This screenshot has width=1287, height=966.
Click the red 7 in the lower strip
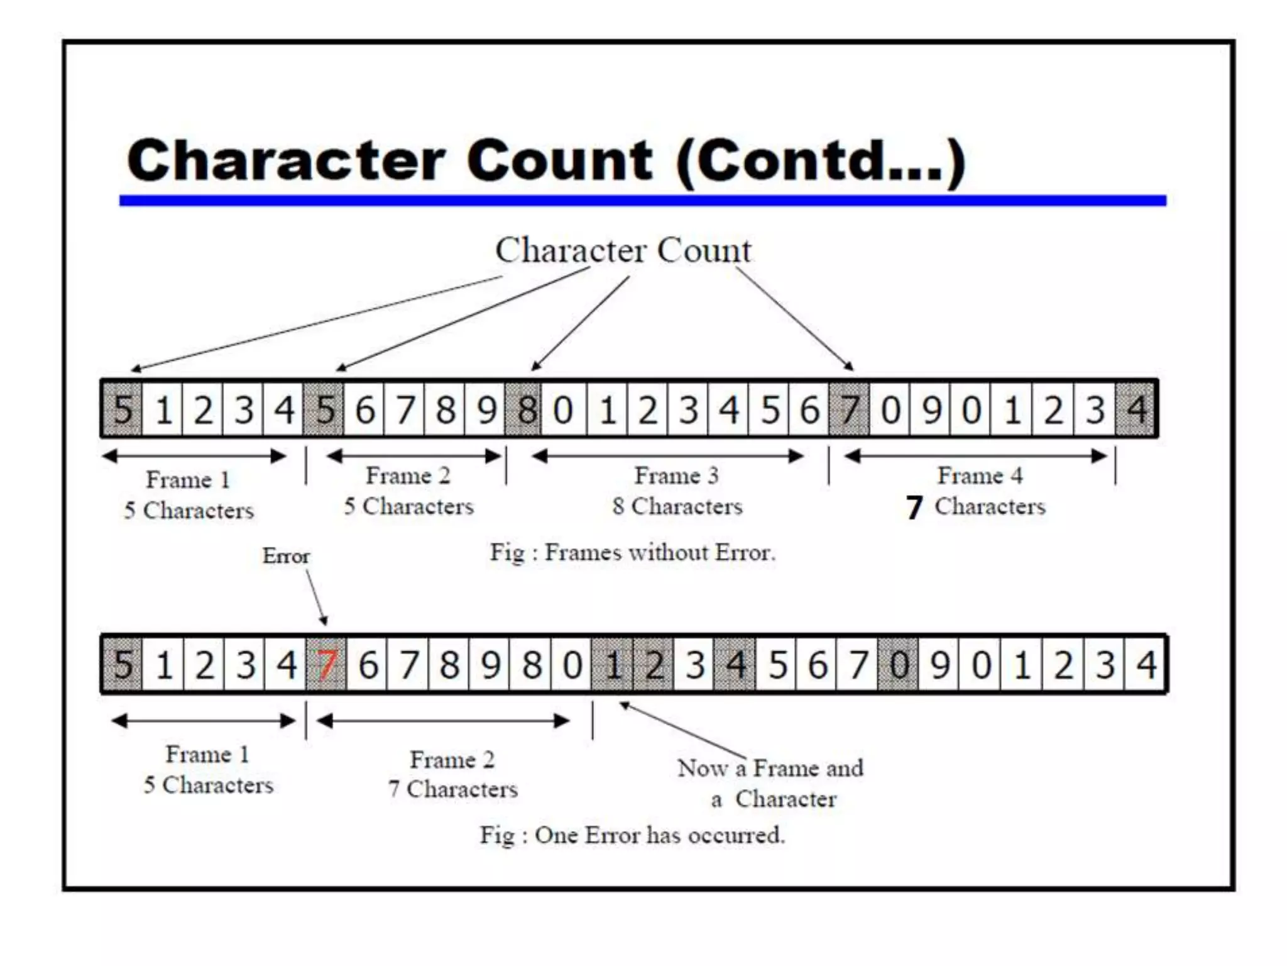(326, 665)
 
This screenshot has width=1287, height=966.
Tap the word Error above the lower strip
(286, 556)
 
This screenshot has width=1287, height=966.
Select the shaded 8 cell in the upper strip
(525, 409)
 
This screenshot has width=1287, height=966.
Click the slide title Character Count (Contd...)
(545, 160)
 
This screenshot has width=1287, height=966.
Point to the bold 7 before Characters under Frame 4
(914, 508)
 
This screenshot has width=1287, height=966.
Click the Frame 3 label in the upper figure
(676, 476)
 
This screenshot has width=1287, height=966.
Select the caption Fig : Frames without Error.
(633, 553)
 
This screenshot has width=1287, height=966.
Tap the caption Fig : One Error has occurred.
(633, 835)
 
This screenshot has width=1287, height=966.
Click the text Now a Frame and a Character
(771, 783)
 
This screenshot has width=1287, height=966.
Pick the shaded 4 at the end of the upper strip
(1136, 409)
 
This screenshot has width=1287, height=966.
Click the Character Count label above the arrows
(623, 250)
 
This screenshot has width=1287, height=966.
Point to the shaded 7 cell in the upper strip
(849, 409)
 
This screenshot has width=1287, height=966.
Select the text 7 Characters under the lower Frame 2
(453, 789)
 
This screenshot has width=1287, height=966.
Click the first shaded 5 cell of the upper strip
(123, 409)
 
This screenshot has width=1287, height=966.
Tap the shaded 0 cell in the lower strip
(899, 665)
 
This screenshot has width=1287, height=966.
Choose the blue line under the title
(642, 201)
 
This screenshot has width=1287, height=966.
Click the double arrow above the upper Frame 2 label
(415, 457)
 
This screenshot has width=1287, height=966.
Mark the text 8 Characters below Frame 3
(677, 506)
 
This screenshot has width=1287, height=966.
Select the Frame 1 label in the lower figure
(207, 754)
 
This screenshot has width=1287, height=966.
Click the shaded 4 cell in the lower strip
(735, 665)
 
